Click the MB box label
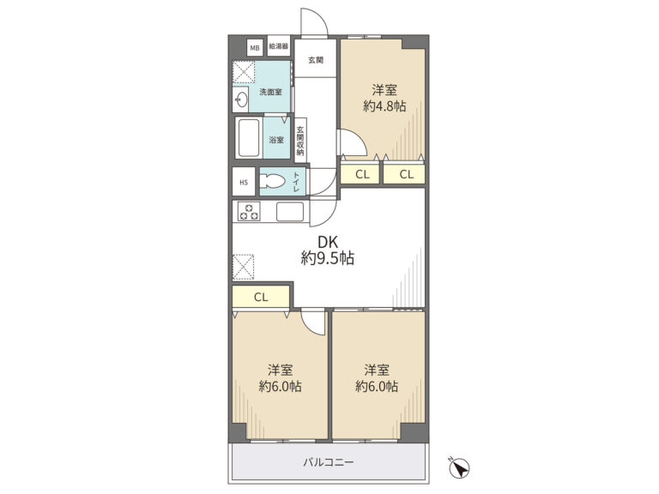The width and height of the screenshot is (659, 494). [x=255, y=48]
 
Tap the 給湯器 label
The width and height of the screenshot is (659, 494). [x=279, y=46]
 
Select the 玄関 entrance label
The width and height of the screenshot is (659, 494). [x=316, y=60]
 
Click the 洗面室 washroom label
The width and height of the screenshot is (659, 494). [x=270, y=92]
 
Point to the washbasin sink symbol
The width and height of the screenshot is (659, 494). [x=241, y=100]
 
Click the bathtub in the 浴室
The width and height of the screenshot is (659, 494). [x=249, y=138]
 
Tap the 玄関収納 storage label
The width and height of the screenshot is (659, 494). [x=300, y=142]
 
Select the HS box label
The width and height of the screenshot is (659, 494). [x=244, y=183]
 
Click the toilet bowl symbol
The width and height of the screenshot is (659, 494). [x=272, y=182]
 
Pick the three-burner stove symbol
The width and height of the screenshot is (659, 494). [x=249, y=211]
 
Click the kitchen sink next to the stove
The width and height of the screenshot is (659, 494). [x=289, y=212]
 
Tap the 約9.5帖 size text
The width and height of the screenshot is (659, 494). [x=328, y=258]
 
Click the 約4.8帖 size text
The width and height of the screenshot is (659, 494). [x=384, y=105]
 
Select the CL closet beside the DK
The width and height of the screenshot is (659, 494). [x=261, y=297]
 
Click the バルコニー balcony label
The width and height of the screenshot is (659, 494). [x=329, y=462]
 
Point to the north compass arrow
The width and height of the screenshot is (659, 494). [x=460, y=468]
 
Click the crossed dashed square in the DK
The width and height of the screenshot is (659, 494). [x=244, y=267]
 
